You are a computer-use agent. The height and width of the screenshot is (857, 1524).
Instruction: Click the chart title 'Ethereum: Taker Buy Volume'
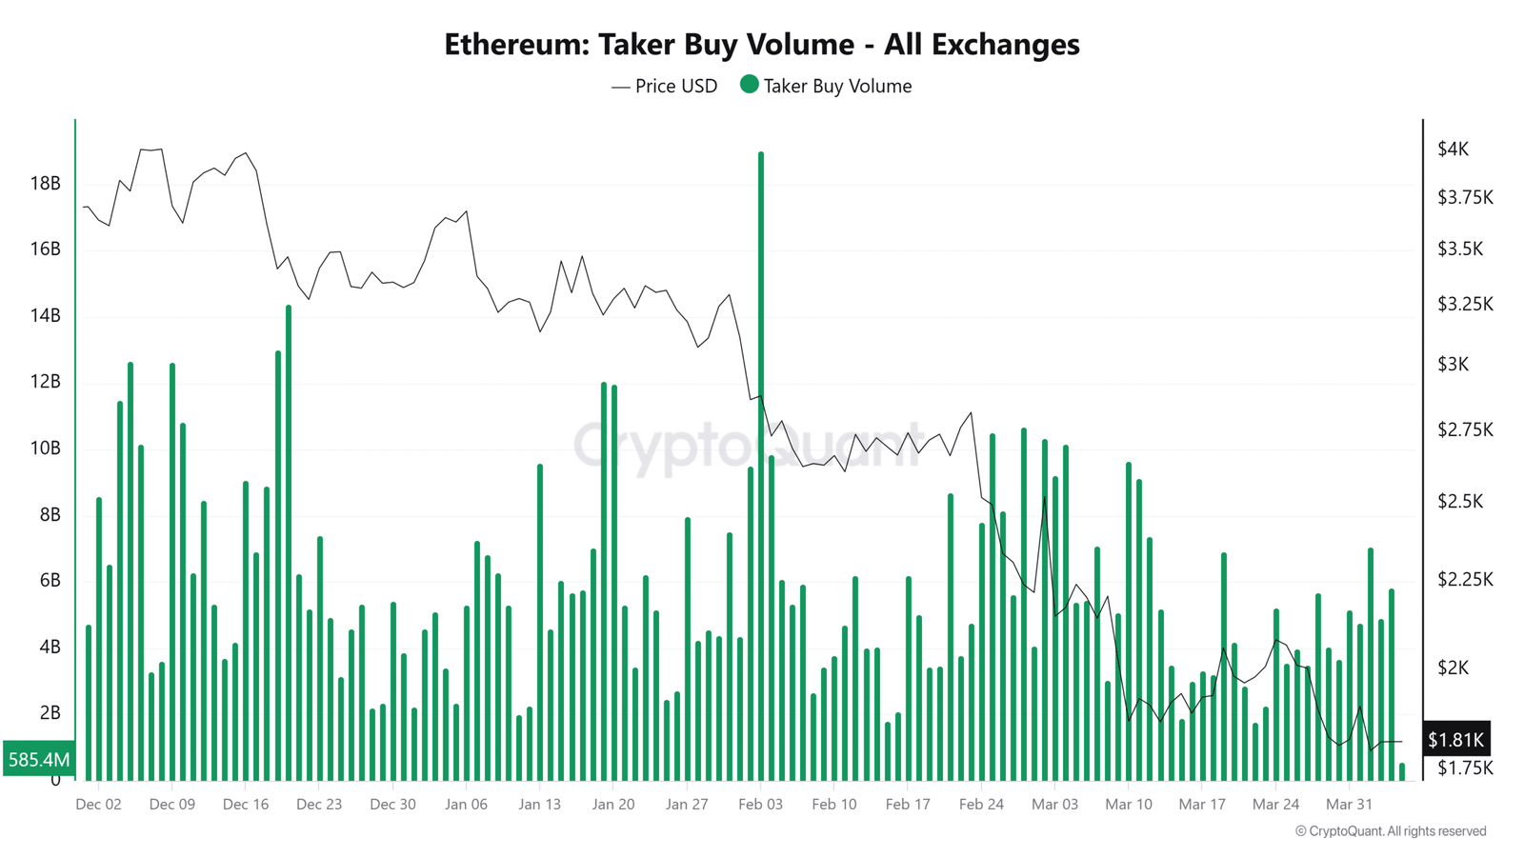click(x=761, y=45)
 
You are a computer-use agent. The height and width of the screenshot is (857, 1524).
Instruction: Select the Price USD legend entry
click(x=665, y=87)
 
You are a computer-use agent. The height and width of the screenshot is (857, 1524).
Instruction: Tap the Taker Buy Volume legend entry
click(x=826, y=87)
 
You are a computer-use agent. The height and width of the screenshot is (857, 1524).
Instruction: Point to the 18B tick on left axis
click(x=45, y=184)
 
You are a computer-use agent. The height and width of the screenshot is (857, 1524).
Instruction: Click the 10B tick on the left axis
click(x=45, y=448)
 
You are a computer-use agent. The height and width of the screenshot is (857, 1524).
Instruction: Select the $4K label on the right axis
click(x=1454, y=149)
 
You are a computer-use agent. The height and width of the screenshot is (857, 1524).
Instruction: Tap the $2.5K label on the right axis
click(x=1460, y=501)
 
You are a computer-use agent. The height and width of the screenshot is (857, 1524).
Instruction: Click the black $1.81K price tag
click(x=1455, y=740)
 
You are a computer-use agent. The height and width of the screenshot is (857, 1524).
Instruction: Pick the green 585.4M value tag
click(x=39, y=759)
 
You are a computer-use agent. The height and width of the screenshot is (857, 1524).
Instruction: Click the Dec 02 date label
click(x=98, y=805)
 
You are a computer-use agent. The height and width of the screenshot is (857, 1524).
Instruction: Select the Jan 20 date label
click(x=613, y=805)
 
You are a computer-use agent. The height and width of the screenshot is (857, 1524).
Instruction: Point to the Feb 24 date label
click(x=981, y=805)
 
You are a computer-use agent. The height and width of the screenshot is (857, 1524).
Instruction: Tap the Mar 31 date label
click(x=1349, y=805)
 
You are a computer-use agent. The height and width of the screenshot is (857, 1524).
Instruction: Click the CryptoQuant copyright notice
click(x=1391, y=831)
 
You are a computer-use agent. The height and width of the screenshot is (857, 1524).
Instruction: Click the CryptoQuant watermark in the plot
click(x=748, y=446)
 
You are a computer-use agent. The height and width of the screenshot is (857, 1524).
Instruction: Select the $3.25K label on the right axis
click(x=1465, y=305)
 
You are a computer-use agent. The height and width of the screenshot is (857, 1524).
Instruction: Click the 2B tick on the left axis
click(x=50, y=713)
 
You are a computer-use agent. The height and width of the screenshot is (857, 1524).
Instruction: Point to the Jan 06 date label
click(x=466, y=805)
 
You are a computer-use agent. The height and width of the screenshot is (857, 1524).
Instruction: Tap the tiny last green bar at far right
click(x=1402, y=772)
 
